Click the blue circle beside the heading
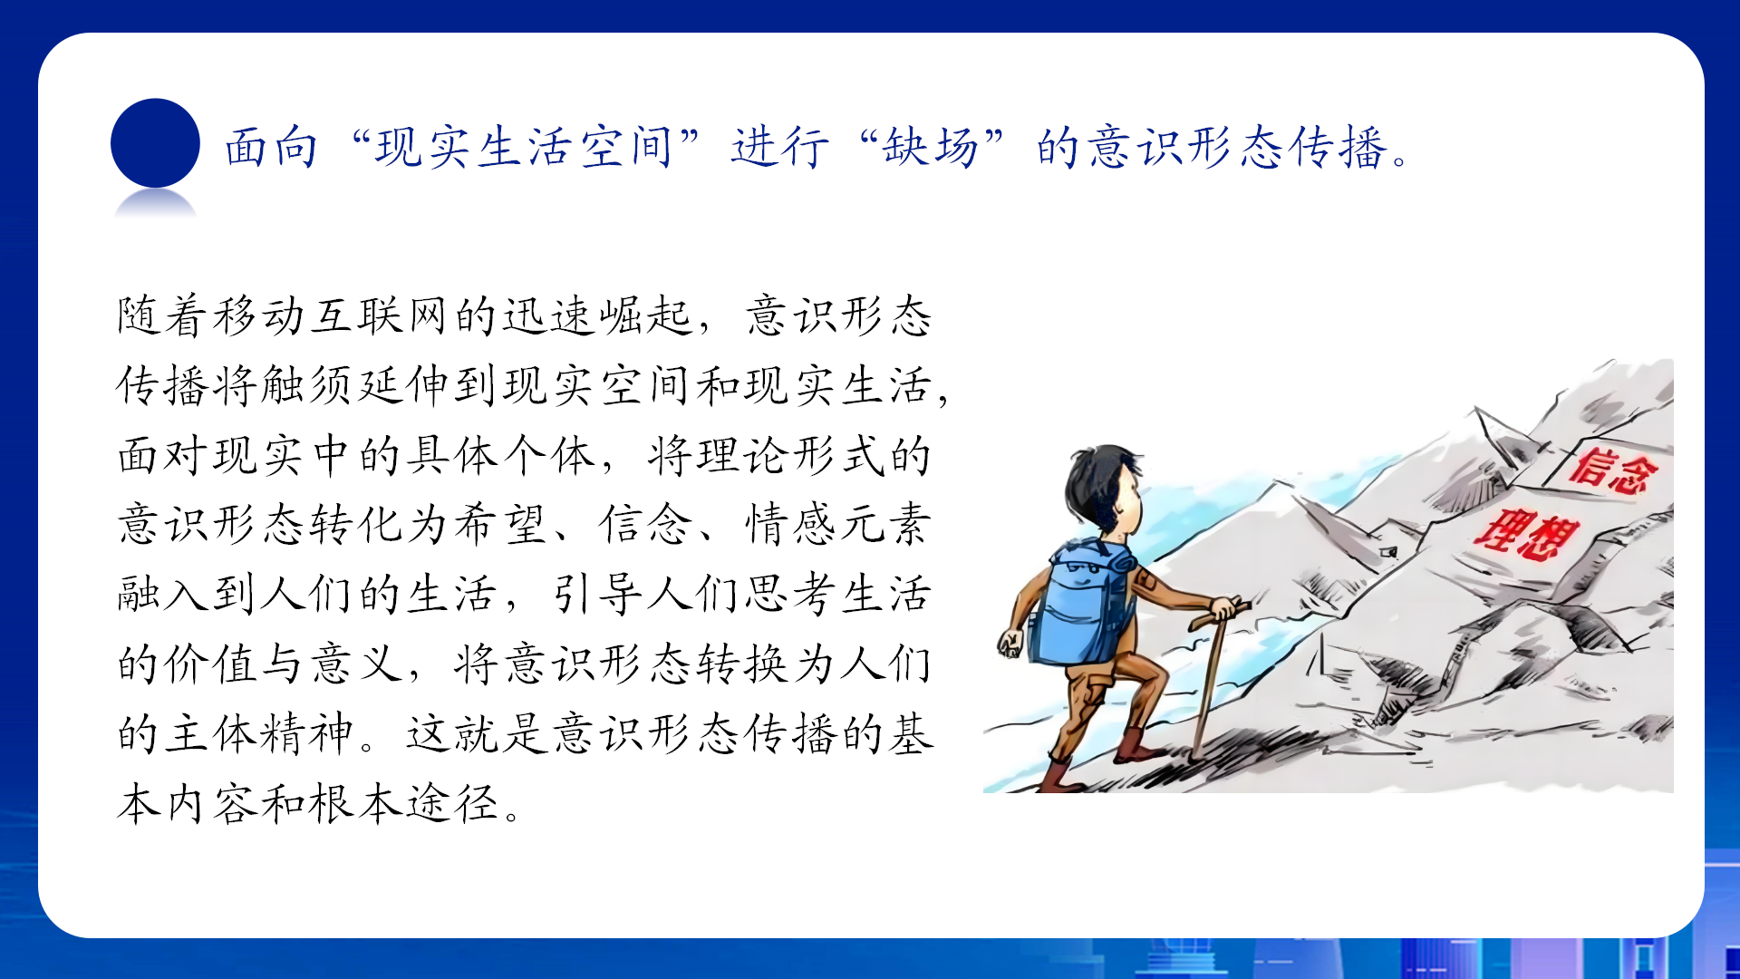tap(155, 143)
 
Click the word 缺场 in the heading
tap(931, 147)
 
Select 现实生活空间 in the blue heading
tap(523, 147)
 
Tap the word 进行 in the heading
tap(779, 147)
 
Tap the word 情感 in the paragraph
tap(791, 525)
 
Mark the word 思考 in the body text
tap(791, 595)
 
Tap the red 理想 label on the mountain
tap(1527, 535)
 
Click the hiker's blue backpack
tap(1083, 603)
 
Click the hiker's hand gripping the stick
tap(1225, 608)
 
